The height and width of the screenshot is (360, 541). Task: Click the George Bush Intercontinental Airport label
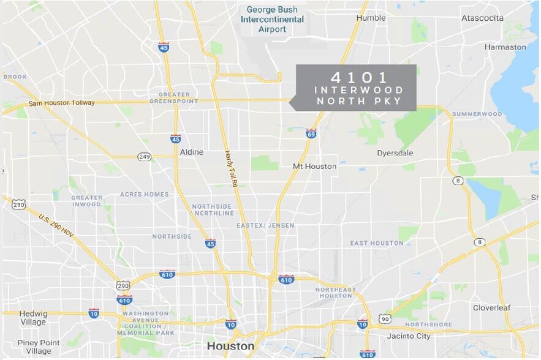[x=274, y=20]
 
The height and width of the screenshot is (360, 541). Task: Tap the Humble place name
[x=371, y=18]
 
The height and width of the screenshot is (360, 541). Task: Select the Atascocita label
[x=482, y=18]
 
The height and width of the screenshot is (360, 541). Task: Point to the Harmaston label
[x=505, y=47]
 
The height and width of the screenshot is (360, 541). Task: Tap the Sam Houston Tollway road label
[x=61, y=103]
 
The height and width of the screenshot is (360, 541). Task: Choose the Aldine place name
[x=191, y=152]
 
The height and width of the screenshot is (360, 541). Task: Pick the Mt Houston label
[x=314, y=166]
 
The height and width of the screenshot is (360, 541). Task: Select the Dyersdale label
[x=395, y=152]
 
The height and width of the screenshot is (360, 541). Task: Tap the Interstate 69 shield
[x=311, y=133]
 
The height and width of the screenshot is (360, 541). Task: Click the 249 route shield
[x=145, y=157]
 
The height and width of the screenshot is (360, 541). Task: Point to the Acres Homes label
[x=144, y=194]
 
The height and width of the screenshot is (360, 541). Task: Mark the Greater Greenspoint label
[x=178, y=97]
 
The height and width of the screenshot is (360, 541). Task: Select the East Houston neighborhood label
[x=377, y=243]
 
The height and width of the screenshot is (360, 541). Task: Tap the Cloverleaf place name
[x=491, y=307]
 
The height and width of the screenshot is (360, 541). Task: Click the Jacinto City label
[x=409, y=336]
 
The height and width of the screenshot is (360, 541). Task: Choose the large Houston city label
[x=230, y=346]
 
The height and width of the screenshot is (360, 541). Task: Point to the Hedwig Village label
[x=32, y=318]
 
